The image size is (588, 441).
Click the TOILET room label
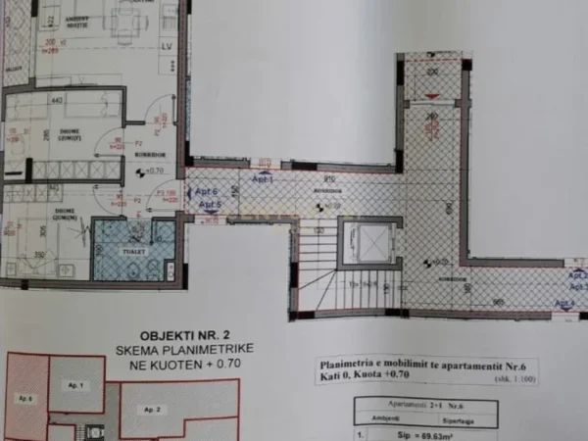click(134, 250)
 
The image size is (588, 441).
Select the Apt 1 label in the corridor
click(262, 180)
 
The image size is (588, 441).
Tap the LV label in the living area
click(167, 44)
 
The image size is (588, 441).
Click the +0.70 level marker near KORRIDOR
click(153, 171)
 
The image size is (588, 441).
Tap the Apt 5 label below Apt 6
click(210, 205)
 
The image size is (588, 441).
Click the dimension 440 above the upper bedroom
click(58, 99)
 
